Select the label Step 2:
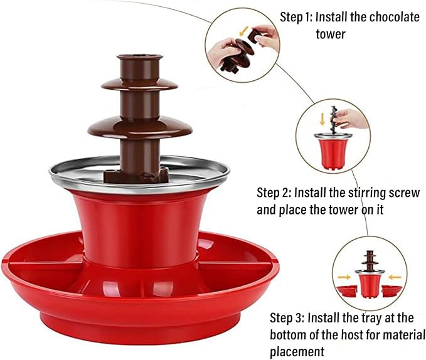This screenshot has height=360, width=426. [274, 192]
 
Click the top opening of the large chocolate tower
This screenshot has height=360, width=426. [140, 58]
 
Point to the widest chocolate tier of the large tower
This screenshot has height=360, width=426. [139, 128]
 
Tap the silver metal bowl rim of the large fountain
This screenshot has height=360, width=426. [69, 172]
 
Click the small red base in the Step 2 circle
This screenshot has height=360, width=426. [331, 154]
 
